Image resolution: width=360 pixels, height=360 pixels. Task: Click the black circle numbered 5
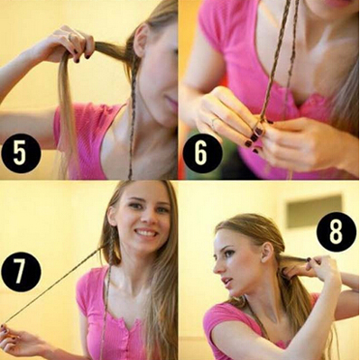pyautogui.click(x=21, y=153)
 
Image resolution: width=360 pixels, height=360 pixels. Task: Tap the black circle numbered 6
pyautogui.click(x=202, y=153)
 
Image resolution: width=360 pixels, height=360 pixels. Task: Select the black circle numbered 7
pyautogui.click(x=21, y=272)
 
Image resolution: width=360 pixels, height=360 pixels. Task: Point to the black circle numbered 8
pyautogui.click(x=337, y=232)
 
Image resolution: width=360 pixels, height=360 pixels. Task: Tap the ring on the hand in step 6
pyautogui.click(x=214, y=123)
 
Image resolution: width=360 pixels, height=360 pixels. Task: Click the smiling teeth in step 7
pyautogui.click(x=146, y=233)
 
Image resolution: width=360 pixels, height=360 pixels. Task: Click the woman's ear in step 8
pyautogui.click(x=266, y=254)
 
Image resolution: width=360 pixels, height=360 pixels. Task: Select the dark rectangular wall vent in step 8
pyautogui.click(x=314, y=211)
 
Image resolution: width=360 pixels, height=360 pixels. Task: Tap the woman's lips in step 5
pyautogui.click(x=172, y=102)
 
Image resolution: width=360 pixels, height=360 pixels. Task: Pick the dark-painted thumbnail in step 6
pyautogui.click(x=258, y=132)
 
